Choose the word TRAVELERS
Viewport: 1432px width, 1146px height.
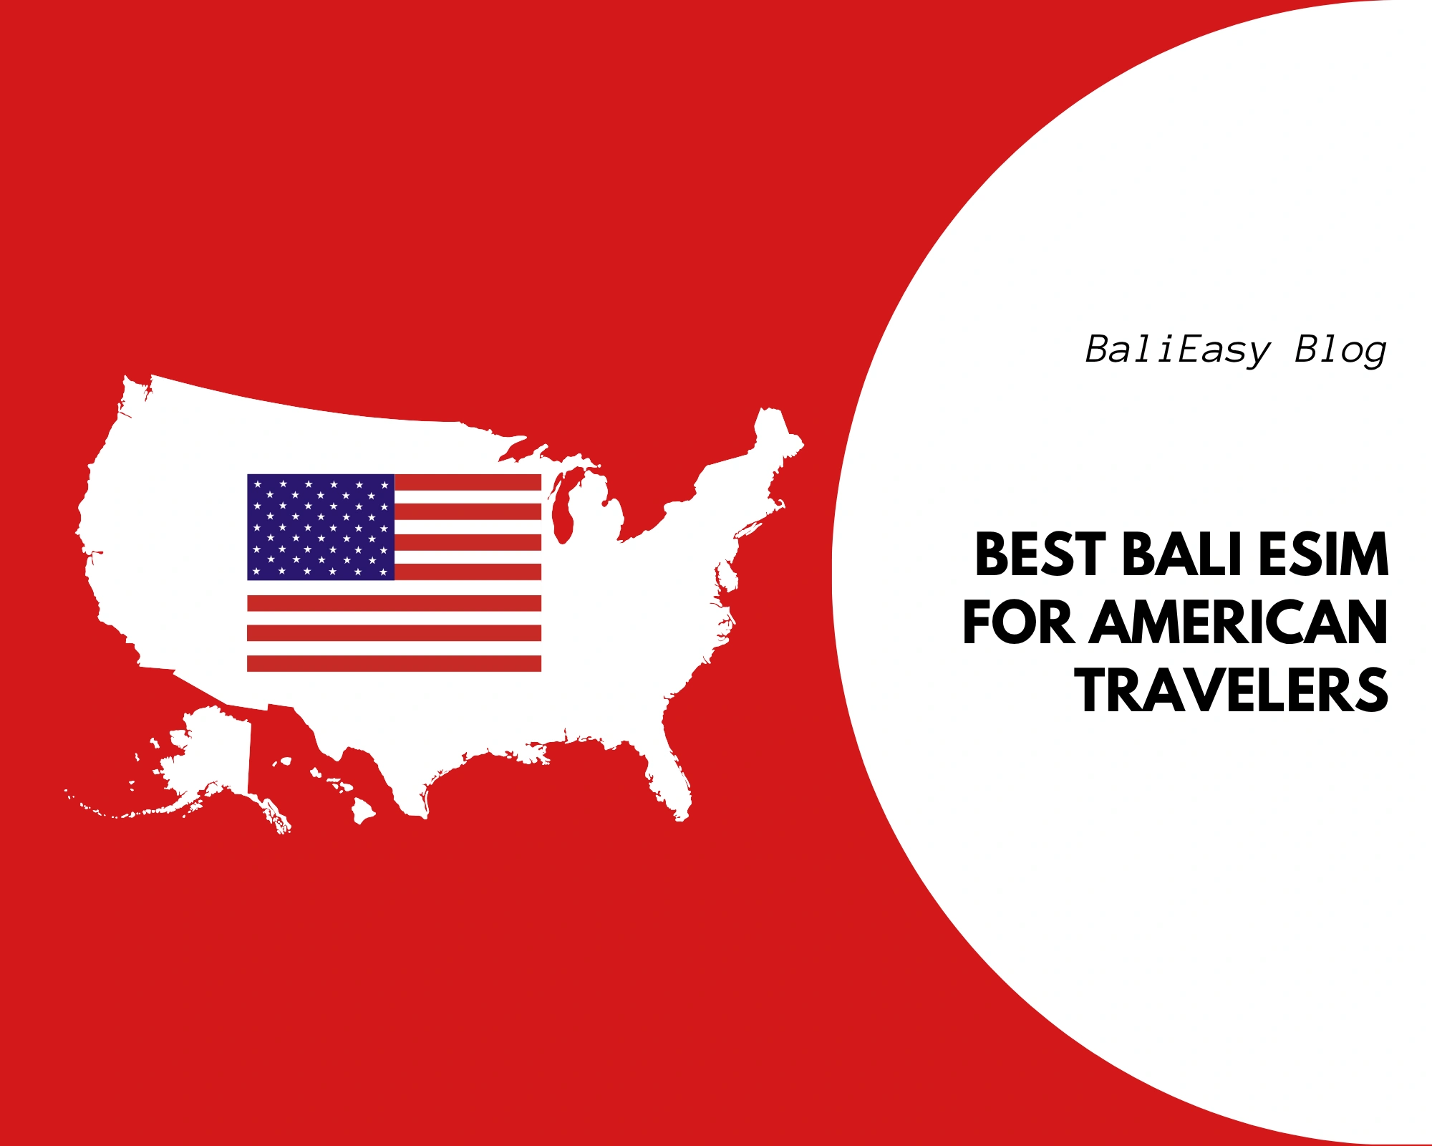[1232, 690]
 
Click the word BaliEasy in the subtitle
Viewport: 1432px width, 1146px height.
[1178, 351]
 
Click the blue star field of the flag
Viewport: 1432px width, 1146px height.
[320, 527]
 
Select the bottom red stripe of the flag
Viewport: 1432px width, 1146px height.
[394, 663]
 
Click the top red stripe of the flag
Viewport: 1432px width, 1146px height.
[468, 482]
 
